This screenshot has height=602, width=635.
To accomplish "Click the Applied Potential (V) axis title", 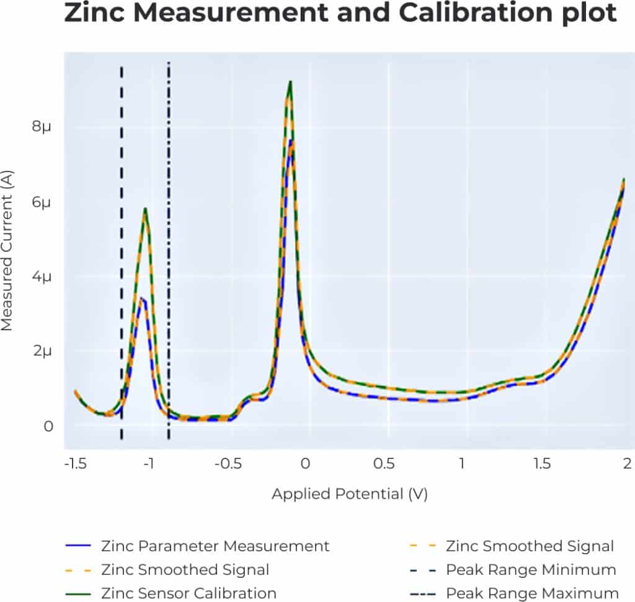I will pos(349,494).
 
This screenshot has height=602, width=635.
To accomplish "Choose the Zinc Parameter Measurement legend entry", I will pos(215,546).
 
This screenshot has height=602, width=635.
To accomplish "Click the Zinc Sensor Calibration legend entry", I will pos(188,593).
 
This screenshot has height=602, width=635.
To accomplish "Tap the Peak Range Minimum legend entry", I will pos(530,569).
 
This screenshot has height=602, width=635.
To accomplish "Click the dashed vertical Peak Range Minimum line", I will pos(122,248).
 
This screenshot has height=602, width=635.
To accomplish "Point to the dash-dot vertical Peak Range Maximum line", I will pos(169,248).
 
